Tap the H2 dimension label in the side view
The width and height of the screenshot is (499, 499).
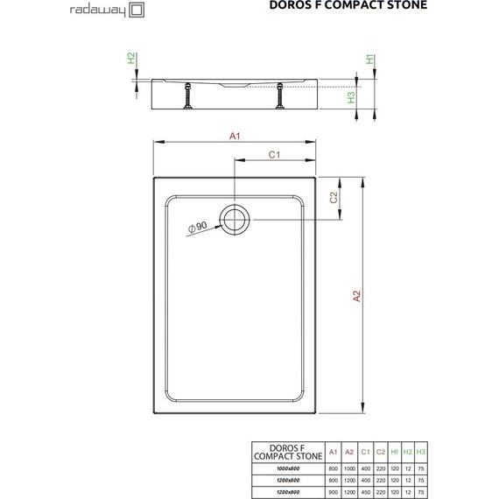tap(131, 59)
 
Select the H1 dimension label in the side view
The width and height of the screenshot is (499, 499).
tap(370, 60)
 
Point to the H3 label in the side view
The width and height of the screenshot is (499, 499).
tap(351, 97)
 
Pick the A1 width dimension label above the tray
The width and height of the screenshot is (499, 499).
tap(235, 135)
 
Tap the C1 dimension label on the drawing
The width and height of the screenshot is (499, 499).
tap(273, 155)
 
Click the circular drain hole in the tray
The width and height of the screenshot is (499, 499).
tap(235, 221)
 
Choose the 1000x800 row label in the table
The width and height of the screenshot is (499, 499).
tap(290, 468)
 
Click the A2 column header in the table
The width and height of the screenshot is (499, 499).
tap(349, 453)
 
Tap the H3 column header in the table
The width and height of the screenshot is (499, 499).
tap(421, 453)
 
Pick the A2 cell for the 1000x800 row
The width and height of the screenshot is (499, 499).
tap(349, 468)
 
